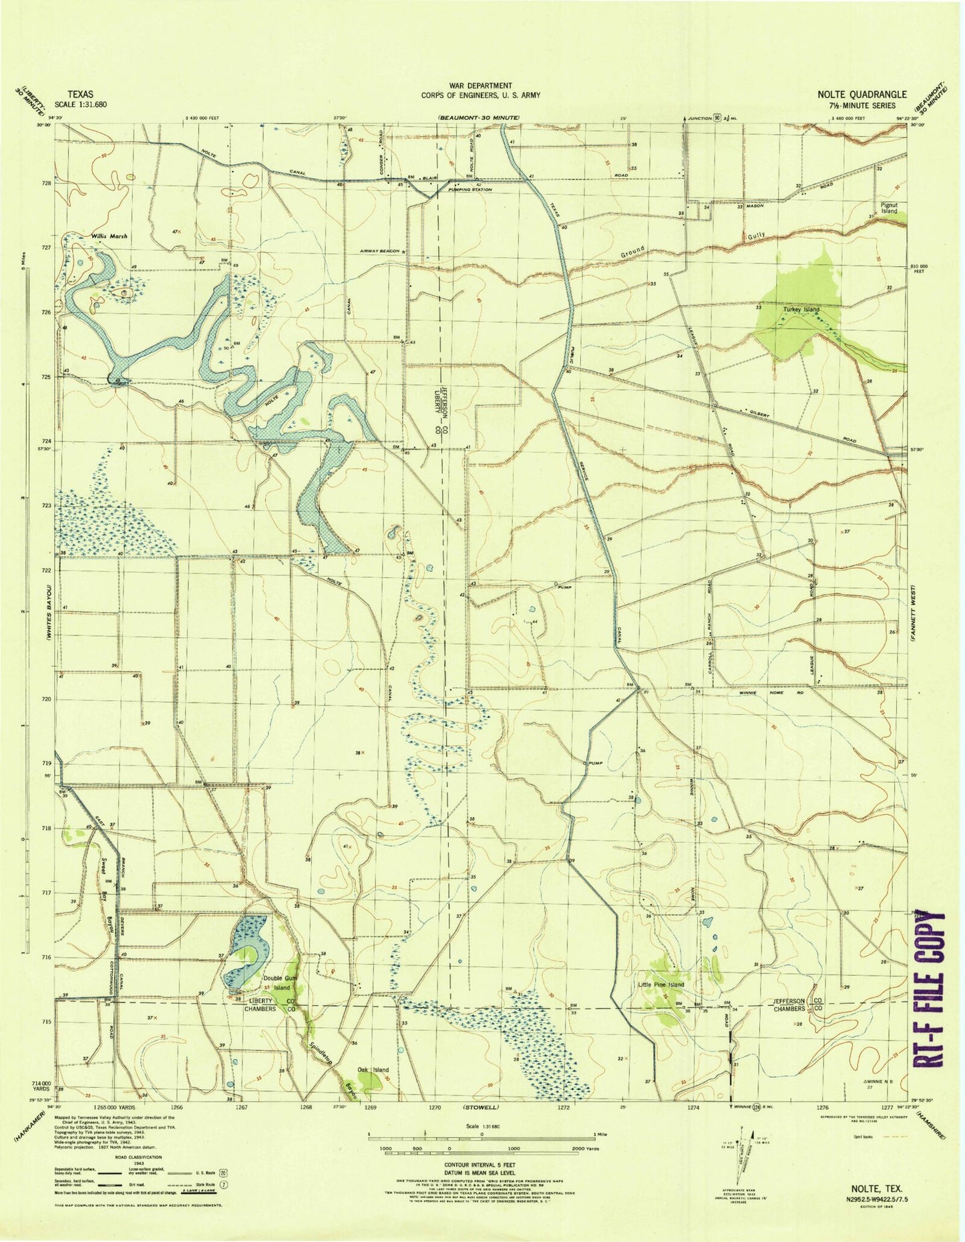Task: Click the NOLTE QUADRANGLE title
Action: [x=861, y=94]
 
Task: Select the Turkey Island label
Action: [x=801, y=310]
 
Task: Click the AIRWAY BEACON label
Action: [x=378, y=251]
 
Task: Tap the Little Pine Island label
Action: [x=661, y=985]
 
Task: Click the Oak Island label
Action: [x=373, y=1070]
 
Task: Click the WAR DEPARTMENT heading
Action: [x=480, y=85]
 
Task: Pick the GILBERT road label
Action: [x=759, y=414]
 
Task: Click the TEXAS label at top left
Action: [x=80, y=95]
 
